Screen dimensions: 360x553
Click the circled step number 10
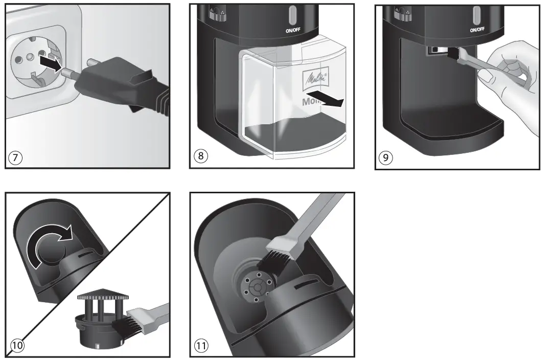click(x=17, y=346)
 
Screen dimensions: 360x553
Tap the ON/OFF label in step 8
click(x=292, y=30)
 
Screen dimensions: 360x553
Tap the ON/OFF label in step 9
click(x=477, y=30)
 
